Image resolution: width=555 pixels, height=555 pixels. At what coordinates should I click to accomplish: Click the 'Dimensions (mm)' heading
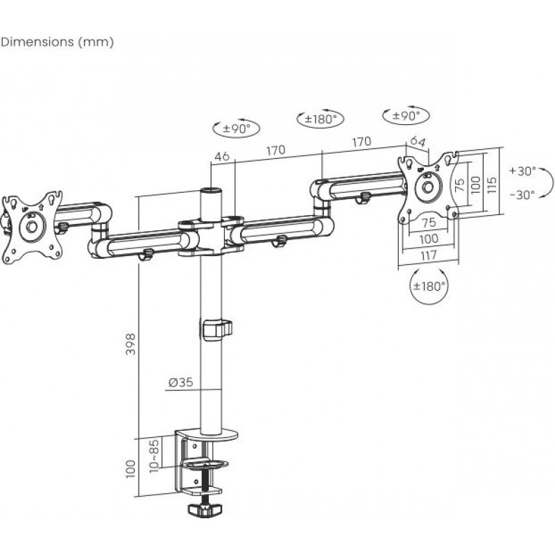[58, 42]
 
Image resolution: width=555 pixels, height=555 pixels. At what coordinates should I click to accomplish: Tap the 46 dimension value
[222, 156]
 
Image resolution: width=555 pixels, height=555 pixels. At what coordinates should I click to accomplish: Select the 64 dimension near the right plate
[417, 142]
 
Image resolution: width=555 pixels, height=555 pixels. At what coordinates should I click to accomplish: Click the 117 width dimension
[428, 255]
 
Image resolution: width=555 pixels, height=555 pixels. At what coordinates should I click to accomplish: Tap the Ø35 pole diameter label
[180, 381]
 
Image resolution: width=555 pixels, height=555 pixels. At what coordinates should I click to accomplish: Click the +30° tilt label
[522, 171]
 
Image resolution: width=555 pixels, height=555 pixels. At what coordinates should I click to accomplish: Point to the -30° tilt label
[522, 195]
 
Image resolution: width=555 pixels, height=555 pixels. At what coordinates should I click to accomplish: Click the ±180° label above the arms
[320, 119]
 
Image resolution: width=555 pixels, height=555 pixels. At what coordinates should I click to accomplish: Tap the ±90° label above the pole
[235, 128]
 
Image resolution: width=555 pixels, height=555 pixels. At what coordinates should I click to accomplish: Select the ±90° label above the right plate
[406, 115]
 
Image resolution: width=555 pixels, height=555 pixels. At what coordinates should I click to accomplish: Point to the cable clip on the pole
[216, 329]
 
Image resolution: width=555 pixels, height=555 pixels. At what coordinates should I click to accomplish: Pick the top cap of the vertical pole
[209, 189]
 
